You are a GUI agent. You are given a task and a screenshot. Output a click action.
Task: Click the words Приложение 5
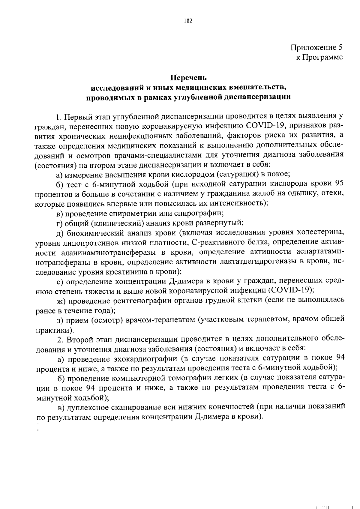[x=316, y=47]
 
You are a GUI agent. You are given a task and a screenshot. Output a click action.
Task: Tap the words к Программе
[x=319, y=57]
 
